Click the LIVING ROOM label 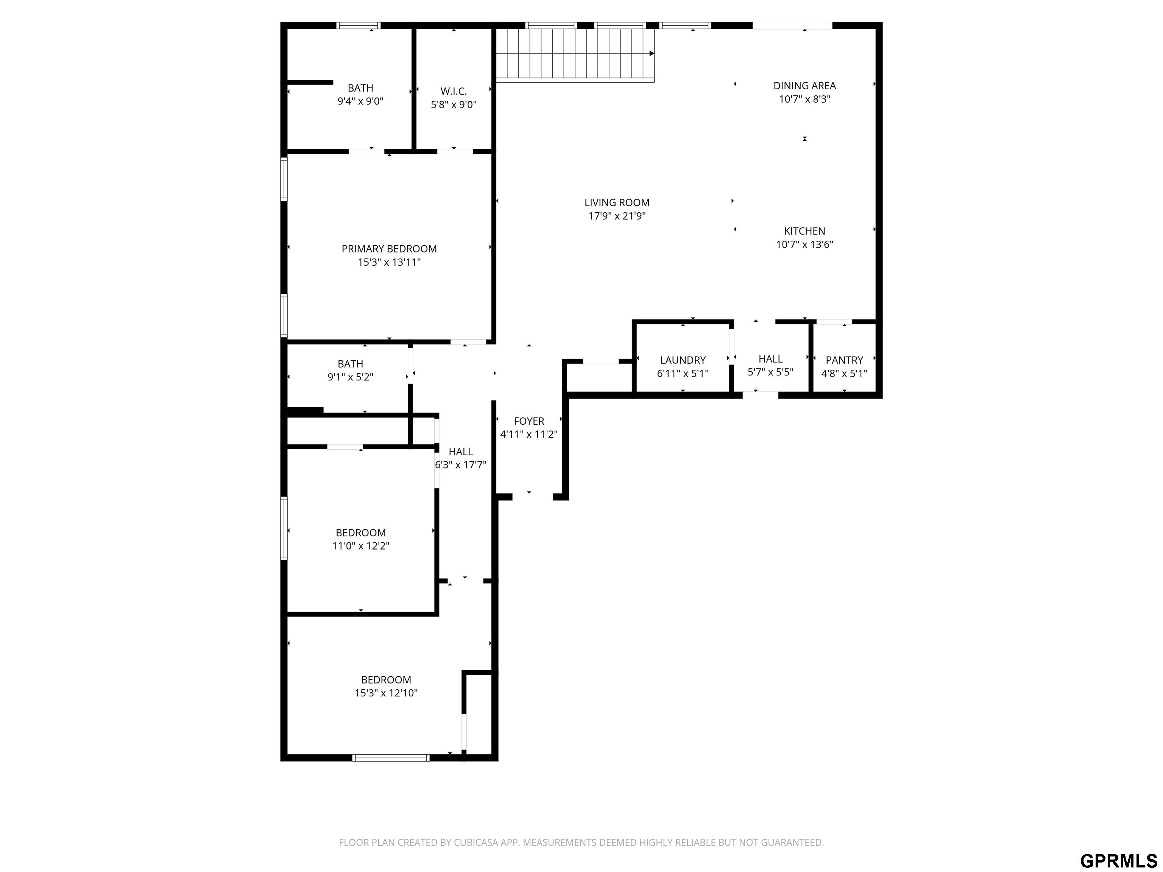click(617, 202)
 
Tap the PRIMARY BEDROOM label click(389, 249)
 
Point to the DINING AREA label click(804, 86)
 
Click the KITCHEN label click(804, 231)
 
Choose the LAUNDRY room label click(683, 360)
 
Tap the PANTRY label click(844, 360)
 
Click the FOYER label click(529, 421)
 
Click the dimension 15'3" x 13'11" click(389, 262)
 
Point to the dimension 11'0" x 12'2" click(361, 546)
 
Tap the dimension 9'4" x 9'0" click(361, 101)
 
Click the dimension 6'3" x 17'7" click(461, 465)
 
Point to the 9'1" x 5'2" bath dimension click(350, 377)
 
